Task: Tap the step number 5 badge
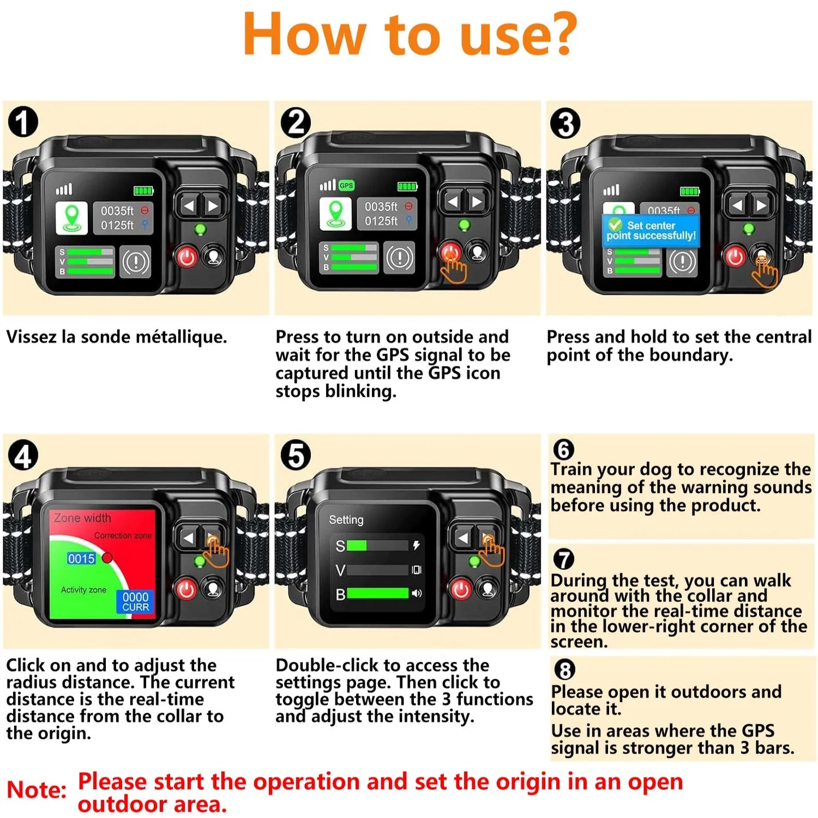295,456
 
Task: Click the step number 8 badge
564,670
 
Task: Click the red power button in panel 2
451,252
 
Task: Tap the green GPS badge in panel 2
346,186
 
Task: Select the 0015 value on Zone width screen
82,559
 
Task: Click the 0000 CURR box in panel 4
135,602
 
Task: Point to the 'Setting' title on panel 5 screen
346,520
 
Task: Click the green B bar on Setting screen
377,593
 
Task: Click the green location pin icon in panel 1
72,218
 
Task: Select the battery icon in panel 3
689,191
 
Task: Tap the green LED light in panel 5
474,561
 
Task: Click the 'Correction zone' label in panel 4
123,536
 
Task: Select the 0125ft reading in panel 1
117,225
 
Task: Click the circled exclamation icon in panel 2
400,258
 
